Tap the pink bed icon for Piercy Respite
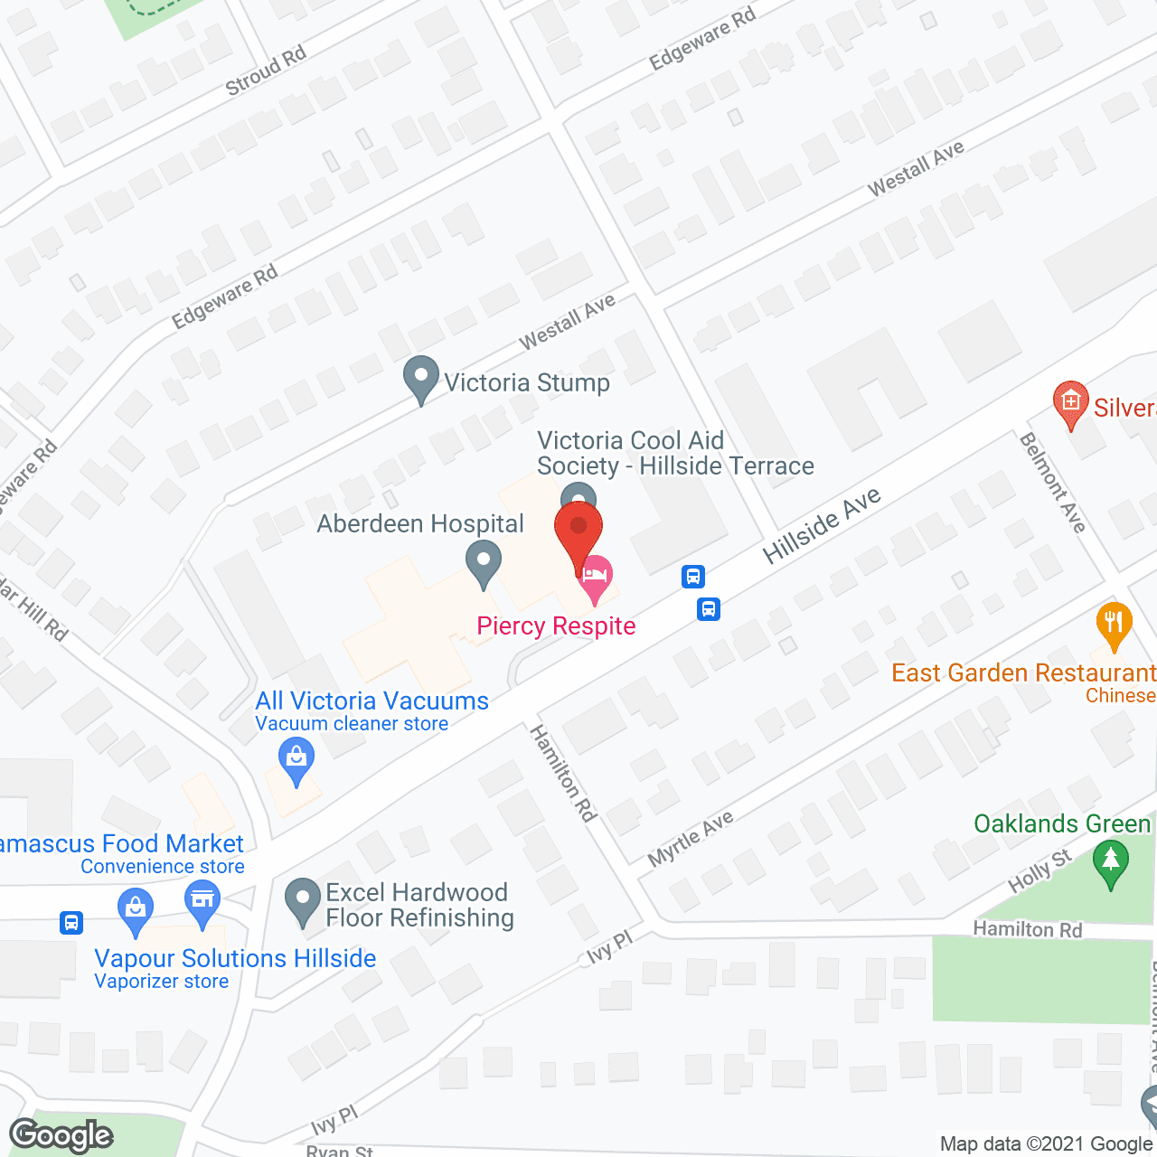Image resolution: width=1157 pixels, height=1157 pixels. point(595,578)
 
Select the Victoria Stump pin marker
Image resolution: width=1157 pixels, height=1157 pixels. point(420,380)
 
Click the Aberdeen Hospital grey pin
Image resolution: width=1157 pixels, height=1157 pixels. point(484,563)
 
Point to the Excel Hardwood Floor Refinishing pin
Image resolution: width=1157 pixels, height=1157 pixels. point(303,902)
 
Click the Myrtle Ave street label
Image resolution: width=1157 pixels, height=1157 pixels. point(691,840)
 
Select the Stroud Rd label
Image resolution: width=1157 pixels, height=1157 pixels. point(266,71)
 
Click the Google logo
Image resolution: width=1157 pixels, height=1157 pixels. point(61,1135)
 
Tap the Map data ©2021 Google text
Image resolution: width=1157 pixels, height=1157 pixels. point(1046,1144)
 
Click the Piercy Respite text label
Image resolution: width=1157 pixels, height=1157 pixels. point(556,626)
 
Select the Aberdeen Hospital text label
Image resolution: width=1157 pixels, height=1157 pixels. point(420,524)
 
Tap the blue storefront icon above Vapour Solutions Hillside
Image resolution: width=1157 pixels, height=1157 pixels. point(202,902)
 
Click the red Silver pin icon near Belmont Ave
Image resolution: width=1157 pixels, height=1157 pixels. point(1071,404)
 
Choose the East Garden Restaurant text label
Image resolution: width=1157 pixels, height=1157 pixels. point(1023,673)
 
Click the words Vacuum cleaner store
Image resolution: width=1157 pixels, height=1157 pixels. point(352,724)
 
